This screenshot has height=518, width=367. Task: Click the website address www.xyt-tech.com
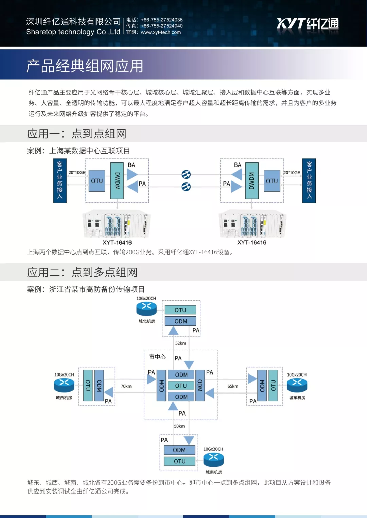point(161,32)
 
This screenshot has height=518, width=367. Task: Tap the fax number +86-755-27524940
point(162,26)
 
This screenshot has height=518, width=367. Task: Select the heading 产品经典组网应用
point(85,66)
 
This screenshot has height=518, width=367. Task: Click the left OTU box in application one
point(97,181)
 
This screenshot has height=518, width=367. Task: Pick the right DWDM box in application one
point(251,181)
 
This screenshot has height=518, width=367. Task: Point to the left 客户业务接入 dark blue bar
point(60,180)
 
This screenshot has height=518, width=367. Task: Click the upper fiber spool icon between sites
point(186,174)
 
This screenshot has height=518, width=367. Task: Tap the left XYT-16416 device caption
point(117,243)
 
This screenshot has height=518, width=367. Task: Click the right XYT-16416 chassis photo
point(252,224)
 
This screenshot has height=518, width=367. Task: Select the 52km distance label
point(180,343)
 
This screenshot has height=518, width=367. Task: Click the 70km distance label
point(126,386)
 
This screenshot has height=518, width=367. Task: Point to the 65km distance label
point(233,386)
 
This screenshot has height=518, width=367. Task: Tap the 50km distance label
point(179,426)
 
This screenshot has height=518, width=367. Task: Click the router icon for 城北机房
point(146,308)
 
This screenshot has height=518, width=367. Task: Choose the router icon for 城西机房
point(64,385)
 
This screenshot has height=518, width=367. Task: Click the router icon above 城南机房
point(213,459)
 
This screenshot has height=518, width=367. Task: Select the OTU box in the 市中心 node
point(181,386)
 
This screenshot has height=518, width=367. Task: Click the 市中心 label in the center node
point(157,357)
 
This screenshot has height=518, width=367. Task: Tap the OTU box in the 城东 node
point(273,386)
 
